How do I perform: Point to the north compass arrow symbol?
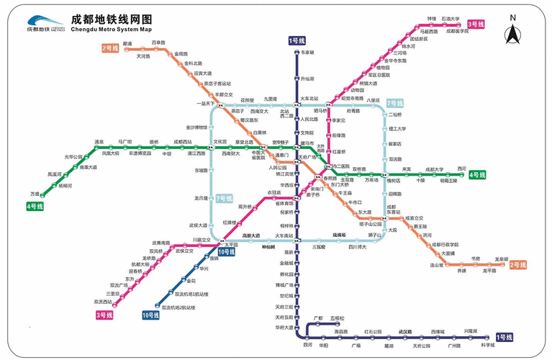pyautogui.click(x=512, y=33)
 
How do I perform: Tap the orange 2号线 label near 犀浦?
pyautogui.click(x=110, y=48)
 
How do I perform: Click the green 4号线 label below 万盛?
pyautogui.click(x=35, y=207)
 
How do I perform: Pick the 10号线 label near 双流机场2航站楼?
pyautogui.click(x=150, y=315)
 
